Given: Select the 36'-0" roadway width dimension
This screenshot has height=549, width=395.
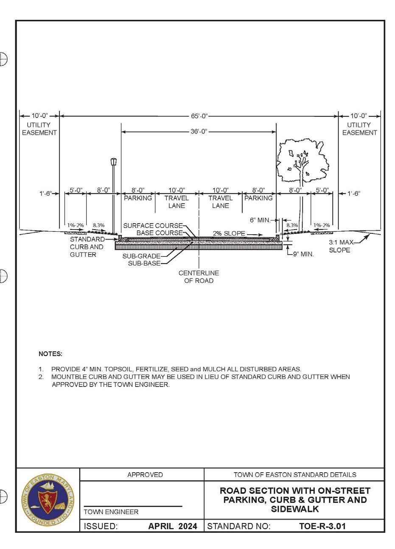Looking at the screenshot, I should tap(199, 132).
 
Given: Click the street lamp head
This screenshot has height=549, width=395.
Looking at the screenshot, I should tap(113, 162).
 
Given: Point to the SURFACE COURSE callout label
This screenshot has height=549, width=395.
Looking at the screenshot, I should tap(153, 226).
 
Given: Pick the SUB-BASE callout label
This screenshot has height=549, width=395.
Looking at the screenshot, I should tap(144, 263).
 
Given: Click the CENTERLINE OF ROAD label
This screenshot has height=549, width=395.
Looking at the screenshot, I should tap(199, 277).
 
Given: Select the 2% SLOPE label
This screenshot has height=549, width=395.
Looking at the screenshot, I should tap(229, 233).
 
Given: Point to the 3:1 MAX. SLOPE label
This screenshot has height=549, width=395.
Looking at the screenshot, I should tap(340, 246).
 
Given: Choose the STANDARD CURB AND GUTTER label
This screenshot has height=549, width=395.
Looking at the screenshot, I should tap(87, 247).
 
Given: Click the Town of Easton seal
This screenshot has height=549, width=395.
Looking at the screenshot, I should tap(48, 500).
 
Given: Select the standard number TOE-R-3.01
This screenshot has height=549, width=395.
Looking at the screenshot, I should tap(322, 526).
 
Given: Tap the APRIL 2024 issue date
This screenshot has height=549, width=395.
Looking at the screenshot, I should tap(173, 526).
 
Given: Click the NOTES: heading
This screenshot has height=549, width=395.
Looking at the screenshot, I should tap(50, 354).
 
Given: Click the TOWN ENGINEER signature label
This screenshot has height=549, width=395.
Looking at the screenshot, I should tap(111, 512).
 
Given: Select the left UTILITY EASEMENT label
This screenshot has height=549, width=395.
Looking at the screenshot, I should tap(39, 129).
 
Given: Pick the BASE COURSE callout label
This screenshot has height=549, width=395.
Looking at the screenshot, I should tap(159, 233).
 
